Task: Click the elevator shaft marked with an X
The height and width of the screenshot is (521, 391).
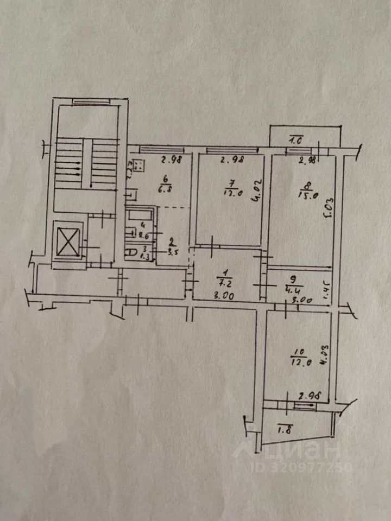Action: [68, 241]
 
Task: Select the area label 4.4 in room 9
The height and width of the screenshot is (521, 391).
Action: [294, 288]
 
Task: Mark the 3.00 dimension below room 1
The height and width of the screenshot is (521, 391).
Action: [223, 297]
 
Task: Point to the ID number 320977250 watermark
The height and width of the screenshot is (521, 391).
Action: [301, 467]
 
